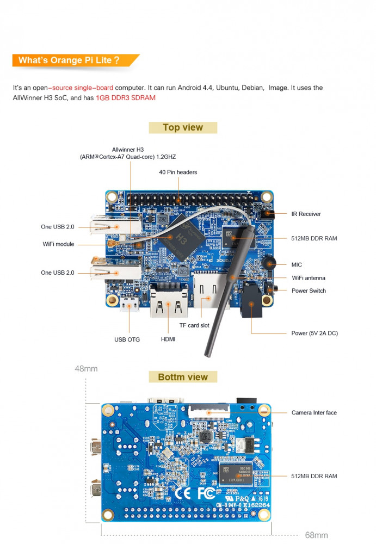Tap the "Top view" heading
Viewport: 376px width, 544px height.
(x=183, y=128)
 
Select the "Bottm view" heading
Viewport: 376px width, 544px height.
(x=183, y=377)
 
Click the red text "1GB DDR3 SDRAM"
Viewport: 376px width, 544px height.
(x=126, y=98)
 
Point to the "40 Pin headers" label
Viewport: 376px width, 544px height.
(x=178, y=172)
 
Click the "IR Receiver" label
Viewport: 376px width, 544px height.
(x=306, y=214)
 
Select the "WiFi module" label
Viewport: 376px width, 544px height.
(x=58, y=244)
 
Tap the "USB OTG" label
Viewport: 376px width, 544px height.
(x=127, y=339)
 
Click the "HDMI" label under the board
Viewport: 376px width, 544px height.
(x=168, y=339)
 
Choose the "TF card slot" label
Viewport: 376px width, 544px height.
(x=194, y=326)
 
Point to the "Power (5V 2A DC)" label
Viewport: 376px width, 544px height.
(x=315, y=333)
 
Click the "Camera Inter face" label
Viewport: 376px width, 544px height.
(x=314, y=413)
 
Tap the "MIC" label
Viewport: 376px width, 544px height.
(x=297, y=265)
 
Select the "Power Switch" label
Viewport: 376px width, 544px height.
(x=309, y=290)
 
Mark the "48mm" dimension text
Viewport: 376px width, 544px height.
(x=86, y=369)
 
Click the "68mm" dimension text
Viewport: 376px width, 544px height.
(x=316, y=535)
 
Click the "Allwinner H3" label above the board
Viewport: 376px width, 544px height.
(x=128, y=150)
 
